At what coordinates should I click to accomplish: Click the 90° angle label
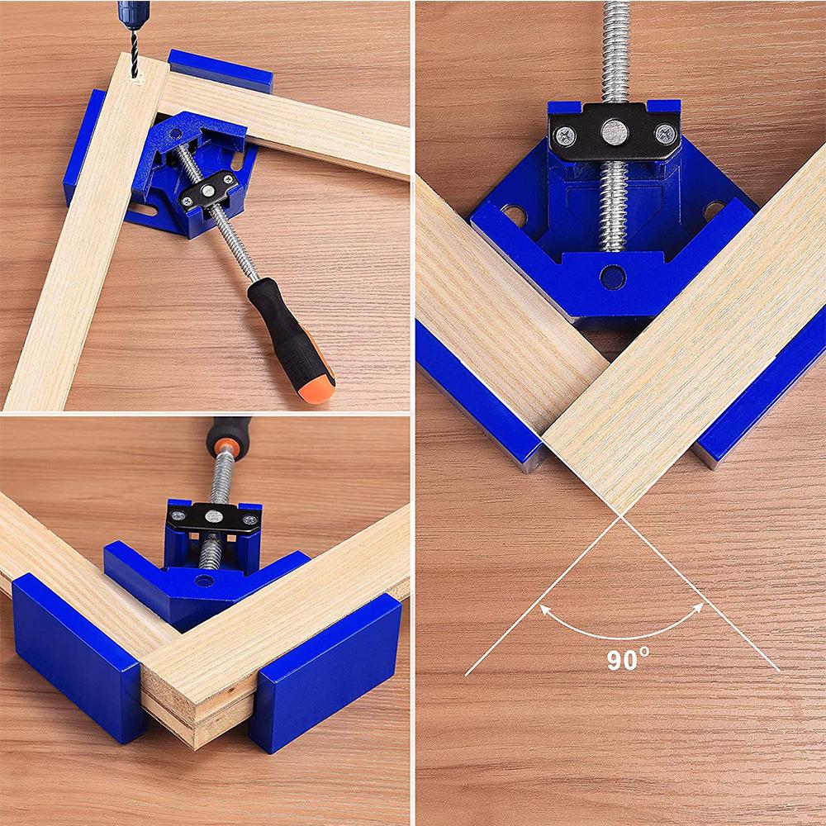point(629,660)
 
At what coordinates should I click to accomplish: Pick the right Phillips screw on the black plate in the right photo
point(665,133)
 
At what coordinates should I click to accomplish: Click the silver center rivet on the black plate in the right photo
point(614,131)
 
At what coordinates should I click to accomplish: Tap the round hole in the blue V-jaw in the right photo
point(613,278)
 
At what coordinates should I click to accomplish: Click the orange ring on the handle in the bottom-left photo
point(224,450)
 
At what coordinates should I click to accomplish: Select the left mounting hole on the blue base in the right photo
point(514,217)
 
